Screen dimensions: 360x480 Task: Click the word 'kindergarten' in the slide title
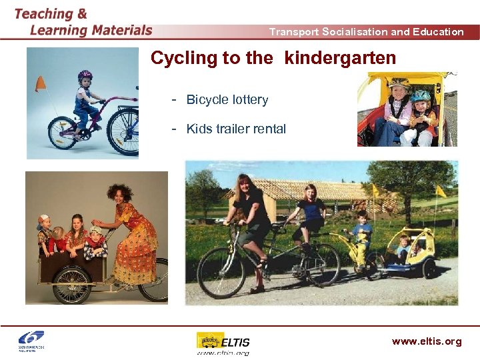340,59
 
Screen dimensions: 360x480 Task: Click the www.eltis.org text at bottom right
426,341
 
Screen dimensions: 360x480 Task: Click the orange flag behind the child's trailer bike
41,83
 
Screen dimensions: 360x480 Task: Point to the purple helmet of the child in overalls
85,75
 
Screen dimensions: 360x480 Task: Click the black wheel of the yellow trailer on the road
428,268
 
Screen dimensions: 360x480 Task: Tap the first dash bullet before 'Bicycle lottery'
175,99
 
